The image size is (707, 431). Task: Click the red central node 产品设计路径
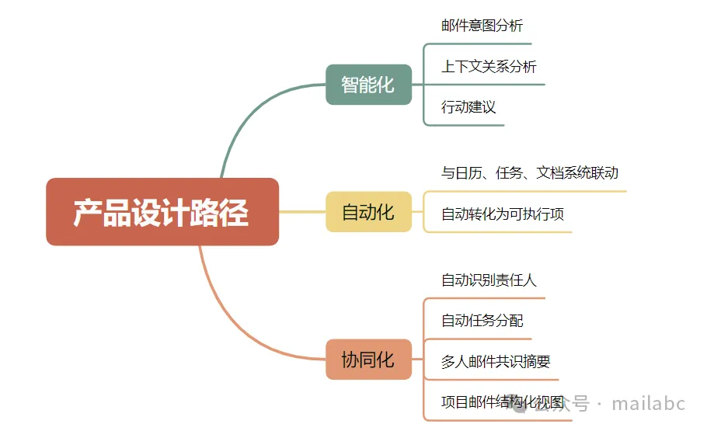(162, 212)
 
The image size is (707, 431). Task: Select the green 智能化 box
(368, 85)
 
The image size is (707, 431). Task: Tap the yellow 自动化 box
(368, 212)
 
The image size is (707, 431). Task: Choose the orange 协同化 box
(368, 360)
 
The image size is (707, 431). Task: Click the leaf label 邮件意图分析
(482, 26)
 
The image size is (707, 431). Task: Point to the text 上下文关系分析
(489, 67)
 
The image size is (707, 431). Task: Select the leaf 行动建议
(468, 107)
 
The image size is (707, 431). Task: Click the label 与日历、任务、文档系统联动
(530, 173)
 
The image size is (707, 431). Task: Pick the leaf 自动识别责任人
(489, 280)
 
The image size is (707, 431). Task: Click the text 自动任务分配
(482, 321)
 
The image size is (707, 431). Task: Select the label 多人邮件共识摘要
(496, 362)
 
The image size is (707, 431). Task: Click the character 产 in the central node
(88, 213)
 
